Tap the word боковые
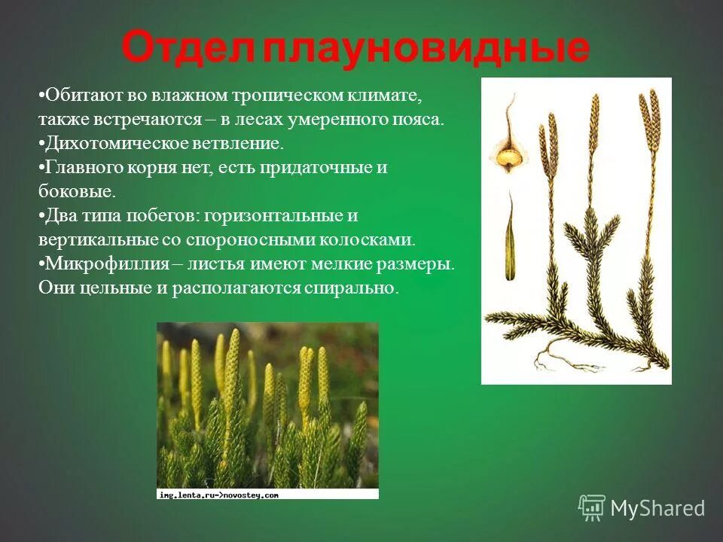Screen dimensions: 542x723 click(x=77, y=191)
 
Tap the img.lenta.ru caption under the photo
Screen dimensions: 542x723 click(x=218, y=495)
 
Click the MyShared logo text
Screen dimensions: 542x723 click(x=657, y=508)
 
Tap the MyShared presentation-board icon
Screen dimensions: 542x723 click(x=592, y=508)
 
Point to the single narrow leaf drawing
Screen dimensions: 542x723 click(x=510, y=236)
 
